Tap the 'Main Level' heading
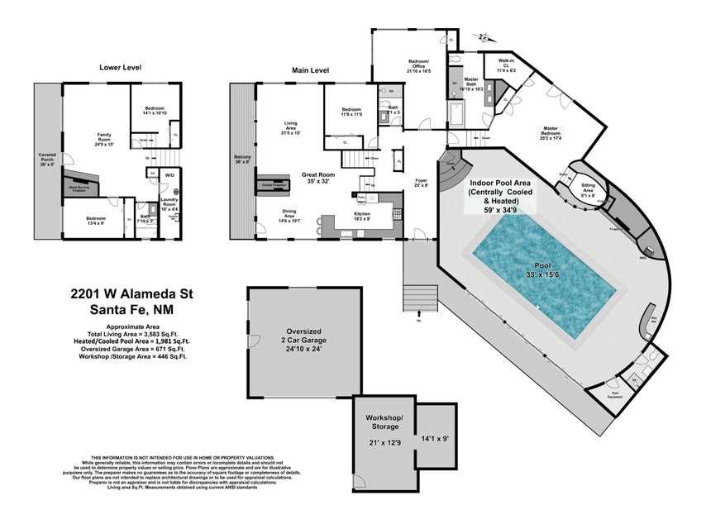tap(310, 70)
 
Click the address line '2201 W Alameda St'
tap(131, 294)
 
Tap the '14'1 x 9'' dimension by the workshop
tap(434, 439)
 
